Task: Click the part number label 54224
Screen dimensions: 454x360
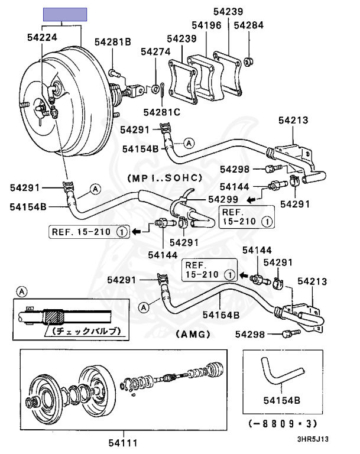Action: pyautogui.click(x=42, y=37)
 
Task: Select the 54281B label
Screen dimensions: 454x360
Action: pyautogui.click(x=112, y=41)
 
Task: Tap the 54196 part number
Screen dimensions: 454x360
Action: pyautogui.click(x=206, y=25)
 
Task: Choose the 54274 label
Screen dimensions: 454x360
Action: pyautogui.click(x=155, y=52)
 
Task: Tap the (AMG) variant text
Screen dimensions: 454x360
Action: pyautogui.click(x=193, y=334)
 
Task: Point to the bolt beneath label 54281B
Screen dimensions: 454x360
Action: pyautogui.click(x=114, y=73)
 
